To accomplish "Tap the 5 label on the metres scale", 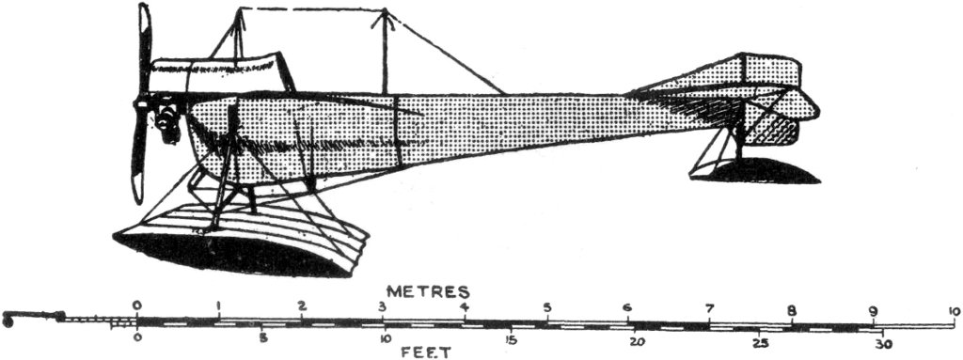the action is click(x=545, y=307).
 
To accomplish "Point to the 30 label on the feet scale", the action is click(x=882, y=343).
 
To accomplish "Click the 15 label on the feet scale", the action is click(x=511, y=339).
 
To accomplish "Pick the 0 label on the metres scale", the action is click(x=137, y=305).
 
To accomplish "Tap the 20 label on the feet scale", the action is click(x=637, y=340).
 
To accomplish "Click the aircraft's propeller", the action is click(x=141, y=103).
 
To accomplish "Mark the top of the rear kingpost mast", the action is click(x=385, y=11).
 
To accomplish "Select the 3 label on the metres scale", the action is click(x=383, y=307).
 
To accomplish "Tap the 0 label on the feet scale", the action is click(x=137, y=336).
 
